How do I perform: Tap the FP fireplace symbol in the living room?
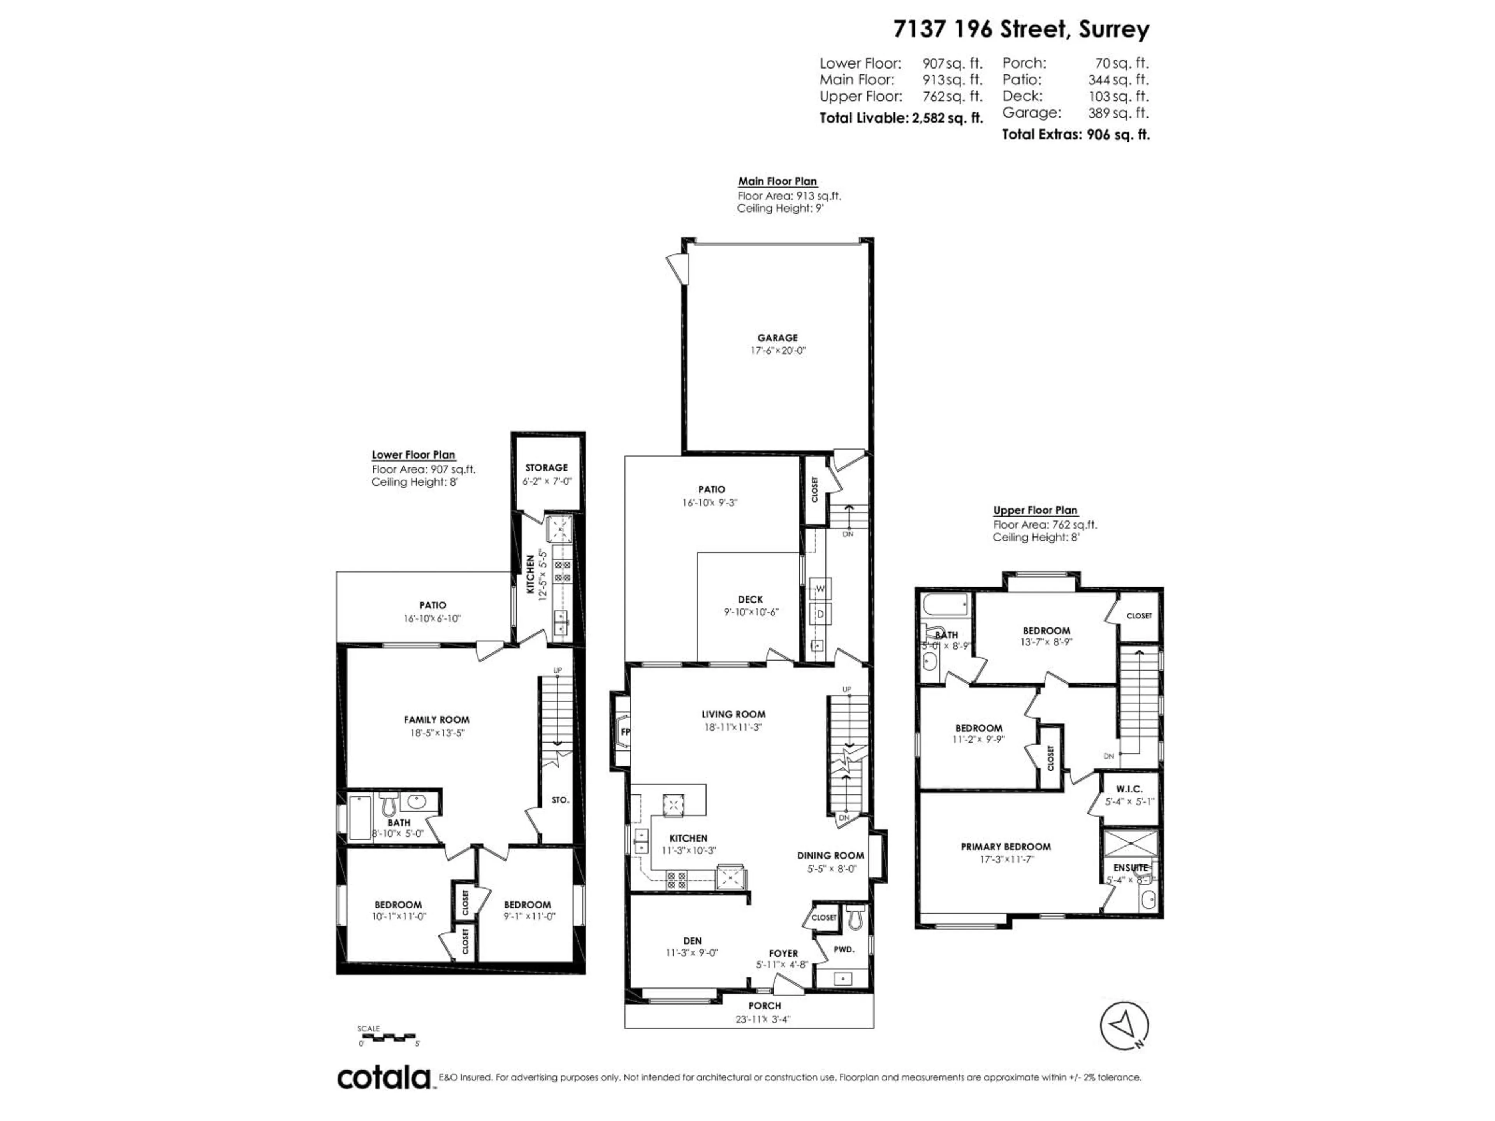[623, 732]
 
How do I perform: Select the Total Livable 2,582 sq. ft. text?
[901, 118]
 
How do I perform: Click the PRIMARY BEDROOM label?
[1006, 847]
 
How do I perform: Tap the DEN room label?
[692, 940]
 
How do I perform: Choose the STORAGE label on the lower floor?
[546, 467]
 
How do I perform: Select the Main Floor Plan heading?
[777, 181]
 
